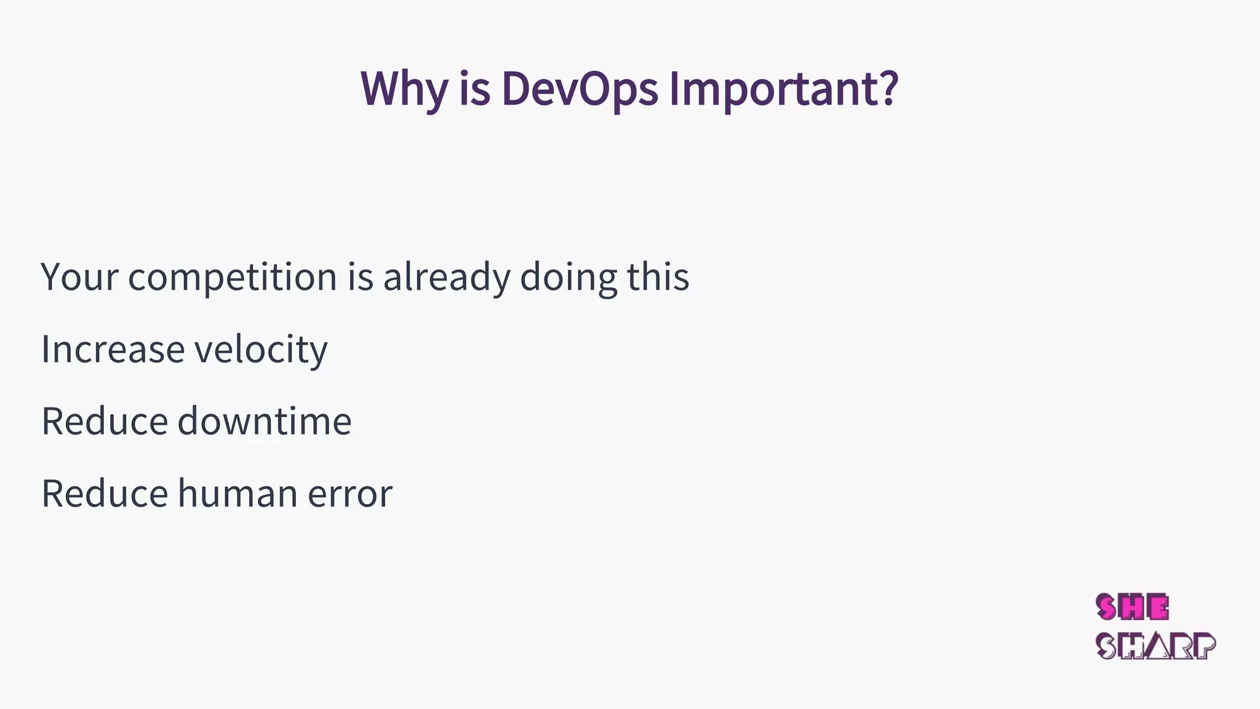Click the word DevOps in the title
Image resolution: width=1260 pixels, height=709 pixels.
click(x=580, y=89)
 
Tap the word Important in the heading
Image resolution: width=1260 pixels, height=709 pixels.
click(x=774, y=89)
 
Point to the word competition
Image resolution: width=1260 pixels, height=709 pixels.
click(x=233, y=278)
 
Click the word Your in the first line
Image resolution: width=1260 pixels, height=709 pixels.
click(x=79, y=277)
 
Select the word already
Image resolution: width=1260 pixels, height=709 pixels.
click(x=447, y=278)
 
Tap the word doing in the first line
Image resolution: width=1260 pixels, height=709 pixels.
click(x=568, y=278)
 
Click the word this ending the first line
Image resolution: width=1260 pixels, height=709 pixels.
click(x=658, y=277)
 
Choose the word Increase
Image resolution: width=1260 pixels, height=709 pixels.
click(x=113, y=350)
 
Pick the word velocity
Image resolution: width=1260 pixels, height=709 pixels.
click(x=261, y=350)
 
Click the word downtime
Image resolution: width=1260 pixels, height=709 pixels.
click(x=265, y=422)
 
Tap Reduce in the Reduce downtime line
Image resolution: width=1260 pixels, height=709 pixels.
click(x=105, y=422)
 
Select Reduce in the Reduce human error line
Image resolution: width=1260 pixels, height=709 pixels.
click(x=105, y=494)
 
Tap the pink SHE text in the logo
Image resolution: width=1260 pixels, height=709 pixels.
click(x=1132, y=608)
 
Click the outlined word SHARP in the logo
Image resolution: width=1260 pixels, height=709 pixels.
click(x=1155, y=646)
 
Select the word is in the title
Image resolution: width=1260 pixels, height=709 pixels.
click(x=474, y=89)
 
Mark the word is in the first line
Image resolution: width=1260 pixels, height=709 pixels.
click(x=361, y=277)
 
